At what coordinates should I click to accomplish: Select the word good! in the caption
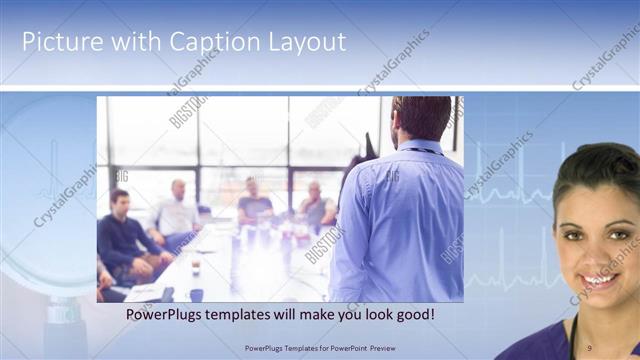tap(410, 314)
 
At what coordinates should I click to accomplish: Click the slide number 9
tap(589, 347)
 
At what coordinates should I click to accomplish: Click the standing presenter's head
tap(421, 119)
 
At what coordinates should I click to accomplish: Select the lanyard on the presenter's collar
tap(420, 151)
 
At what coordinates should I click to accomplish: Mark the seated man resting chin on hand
tap(315, 205)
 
